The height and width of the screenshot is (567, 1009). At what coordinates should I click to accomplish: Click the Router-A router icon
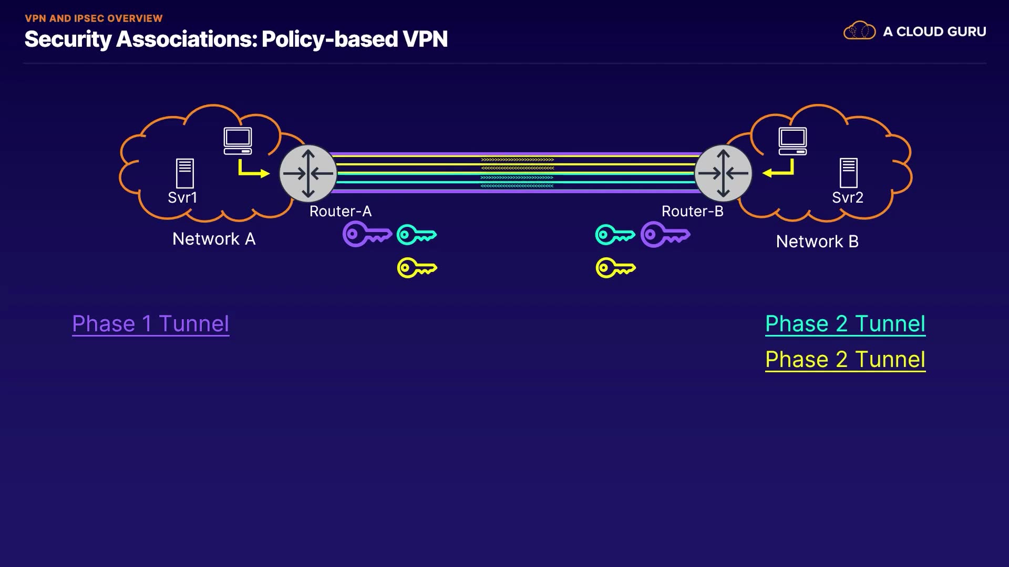point(308,173)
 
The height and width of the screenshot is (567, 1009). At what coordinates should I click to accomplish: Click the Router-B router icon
point(723,173)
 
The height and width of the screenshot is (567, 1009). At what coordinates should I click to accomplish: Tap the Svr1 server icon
point(184,173)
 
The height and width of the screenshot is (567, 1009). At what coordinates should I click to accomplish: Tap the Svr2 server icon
point(848,173)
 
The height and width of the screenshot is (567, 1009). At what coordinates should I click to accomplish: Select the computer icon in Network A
point(238,141)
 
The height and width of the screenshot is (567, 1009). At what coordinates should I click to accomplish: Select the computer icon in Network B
point(792,141)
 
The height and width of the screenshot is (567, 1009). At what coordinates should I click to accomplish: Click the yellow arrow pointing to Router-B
point(779,170)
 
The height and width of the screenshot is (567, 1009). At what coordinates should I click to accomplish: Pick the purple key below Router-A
point(366,234)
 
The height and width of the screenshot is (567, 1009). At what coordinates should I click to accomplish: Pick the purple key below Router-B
point(665,234)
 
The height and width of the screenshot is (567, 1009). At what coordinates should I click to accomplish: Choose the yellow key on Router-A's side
point(417,268)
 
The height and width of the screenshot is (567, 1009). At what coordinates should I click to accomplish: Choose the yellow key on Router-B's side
point(615,268)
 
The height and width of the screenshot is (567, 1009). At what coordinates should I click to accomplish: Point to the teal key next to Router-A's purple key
point(416,235)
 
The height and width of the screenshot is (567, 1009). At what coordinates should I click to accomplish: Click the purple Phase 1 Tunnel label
point(151,323)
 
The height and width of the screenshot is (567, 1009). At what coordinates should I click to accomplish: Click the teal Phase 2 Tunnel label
point(845,323)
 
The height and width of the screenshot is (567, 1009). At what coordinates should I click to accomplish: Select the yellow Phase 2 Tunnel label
point(845,360)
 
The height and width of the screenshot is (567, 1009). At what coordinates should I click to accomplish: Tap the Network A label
point(214,239)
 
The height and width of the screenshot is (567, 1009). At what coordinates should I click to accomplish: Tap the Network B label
point(817,241)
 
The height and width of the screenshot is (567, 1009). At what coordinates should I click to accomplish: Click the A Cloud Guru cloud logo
point(859,31)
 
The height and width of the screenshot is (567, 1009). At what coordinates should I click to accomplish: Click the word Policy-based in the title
point(330,39)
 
